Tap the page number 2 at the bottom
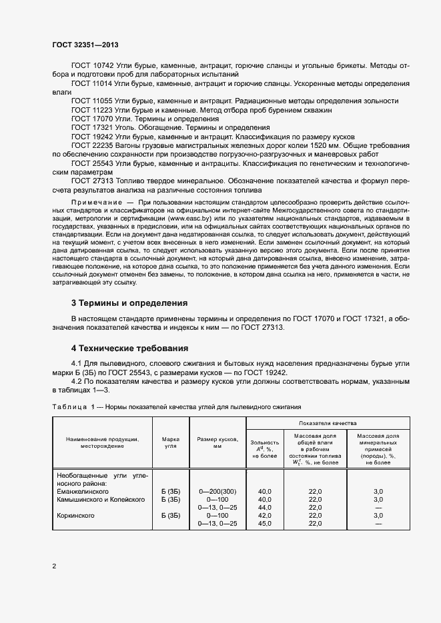point(54,566)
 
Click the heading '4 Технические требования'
point(129,348)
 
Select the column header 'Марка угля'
point(171,442)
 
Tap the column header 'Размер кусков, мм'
point(217,442)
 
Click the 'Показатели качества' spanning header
point(328,423)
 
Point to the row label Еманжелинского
point(83,490)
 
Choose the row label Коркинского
point(75,515)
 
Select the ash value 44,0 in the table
point(265,507)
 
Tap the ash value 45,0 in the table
point(265,524)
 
